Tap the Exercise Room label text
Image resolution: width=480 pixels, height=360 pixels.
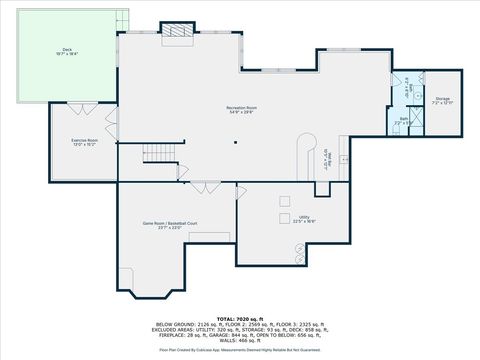click(x=84, y=142)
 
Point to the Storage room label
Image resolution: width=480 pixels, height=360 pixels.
click(x=442, y=101)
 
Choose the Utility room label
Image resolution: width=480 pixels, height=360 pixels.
click(x=303, y=218)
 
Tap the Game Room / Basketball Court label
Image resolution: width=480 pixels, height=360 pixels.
click(x=162, y=226)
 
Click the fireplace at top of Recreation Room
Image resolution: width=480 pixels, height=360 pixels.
click(x=180, y=34)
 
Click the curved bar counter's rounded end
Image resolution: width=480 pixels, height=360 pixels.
click(x=309, y=140)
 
